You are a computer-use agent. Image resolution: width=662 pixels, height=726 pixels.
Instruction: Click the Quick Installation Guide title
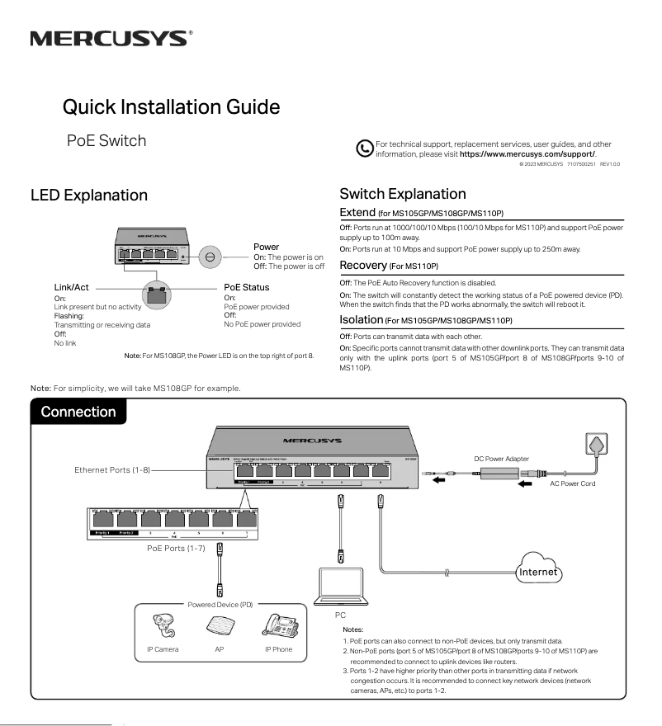pos(171,106)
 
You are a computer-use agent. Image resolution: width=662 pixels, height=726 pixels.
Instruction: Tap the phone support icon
pos(364,149)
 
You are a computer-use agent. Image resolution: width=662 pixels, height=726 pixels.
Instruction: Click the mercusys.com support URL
pos(527,154)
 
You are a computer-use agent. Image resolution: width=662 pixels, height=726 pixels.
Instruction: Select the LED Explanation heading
pos(89,196)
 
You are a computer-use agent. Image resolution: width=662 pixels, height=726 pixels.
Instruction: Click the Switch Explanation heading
pos(403,194)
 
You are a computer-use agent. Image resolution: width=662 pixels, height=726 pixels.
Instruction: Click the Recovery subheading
pos(363,265)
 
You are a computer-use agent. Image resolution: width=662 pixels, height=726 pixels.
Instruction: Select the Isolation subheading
pos(362,318)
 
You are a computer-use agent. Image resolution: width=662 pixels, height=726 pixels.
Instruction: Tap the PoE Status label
pos(247,287)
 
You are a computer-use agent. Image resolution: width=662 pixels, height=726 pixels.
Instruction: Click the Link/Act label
pos(71,287)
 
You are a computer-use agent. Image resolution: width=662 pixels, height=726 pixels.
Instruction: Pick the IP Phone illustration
pos(277,628)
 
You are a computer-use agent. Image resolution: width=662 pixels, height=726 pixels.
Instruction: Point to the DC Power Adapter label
pos(502,459)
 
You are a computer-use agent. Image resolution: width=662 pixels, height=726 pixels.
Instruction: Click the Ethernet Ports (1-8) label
pos(112,469)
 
